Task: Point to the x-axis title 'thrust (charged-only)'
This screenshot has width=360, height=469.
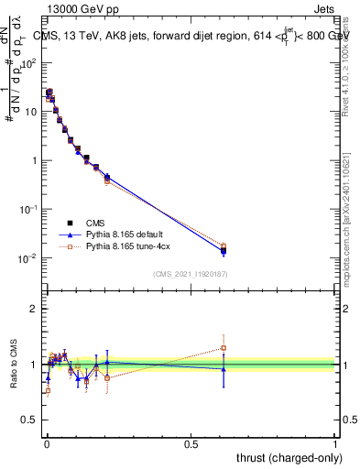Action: point(289,457)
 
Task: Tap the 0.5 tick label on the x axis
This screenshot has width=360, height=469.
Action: point(191,443)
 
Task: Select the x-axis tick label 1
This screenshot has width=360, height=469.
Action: point(335,443)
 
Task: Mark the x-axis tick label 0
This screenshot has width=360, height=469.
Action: point(47,443)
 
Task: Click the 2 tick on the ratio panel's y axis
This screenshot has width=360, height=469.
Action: point(33,309)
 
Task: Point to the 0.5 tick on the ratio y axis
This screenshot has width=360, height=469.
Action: point(30,420)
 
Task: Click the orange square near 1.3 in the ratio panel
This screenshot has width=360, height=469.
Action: point(224,348)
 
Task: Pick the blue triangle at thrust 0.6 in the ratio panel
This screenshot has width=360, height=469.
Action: point(224,368)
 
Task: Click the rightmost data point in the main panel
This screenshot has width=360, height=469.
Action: point(224,249)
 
